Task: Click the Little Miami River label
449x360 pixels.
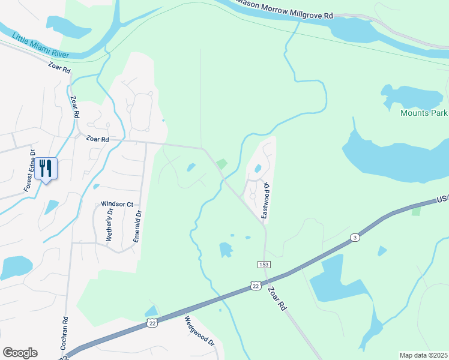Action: pyautogui.click(x=41, y=45)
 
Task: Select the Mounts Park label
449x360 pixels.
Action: pyautogui.click(x=424, y=112)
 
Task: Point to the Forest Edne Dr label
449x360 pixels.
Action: pyautogui.click(x=30, y=171)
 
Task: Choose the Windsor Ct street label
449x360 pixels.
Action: pyautogui.click(x=116, y=204)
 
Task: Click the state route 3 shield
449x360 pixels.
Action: pyautogui.click(x=355, y=238)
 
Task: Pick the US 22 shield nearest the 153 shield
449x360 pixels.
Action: pyautogui.click(x=256, y=286)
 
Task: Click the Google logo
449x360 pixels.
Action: pyautogui.click(x=20, y=352)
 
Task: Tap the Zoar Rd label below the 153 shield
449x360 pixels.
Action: pyautogui.click(x=277, y=298)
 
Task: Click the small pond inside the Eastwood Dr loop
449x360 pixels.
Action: pyautogui.click(x=258, y=169)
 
